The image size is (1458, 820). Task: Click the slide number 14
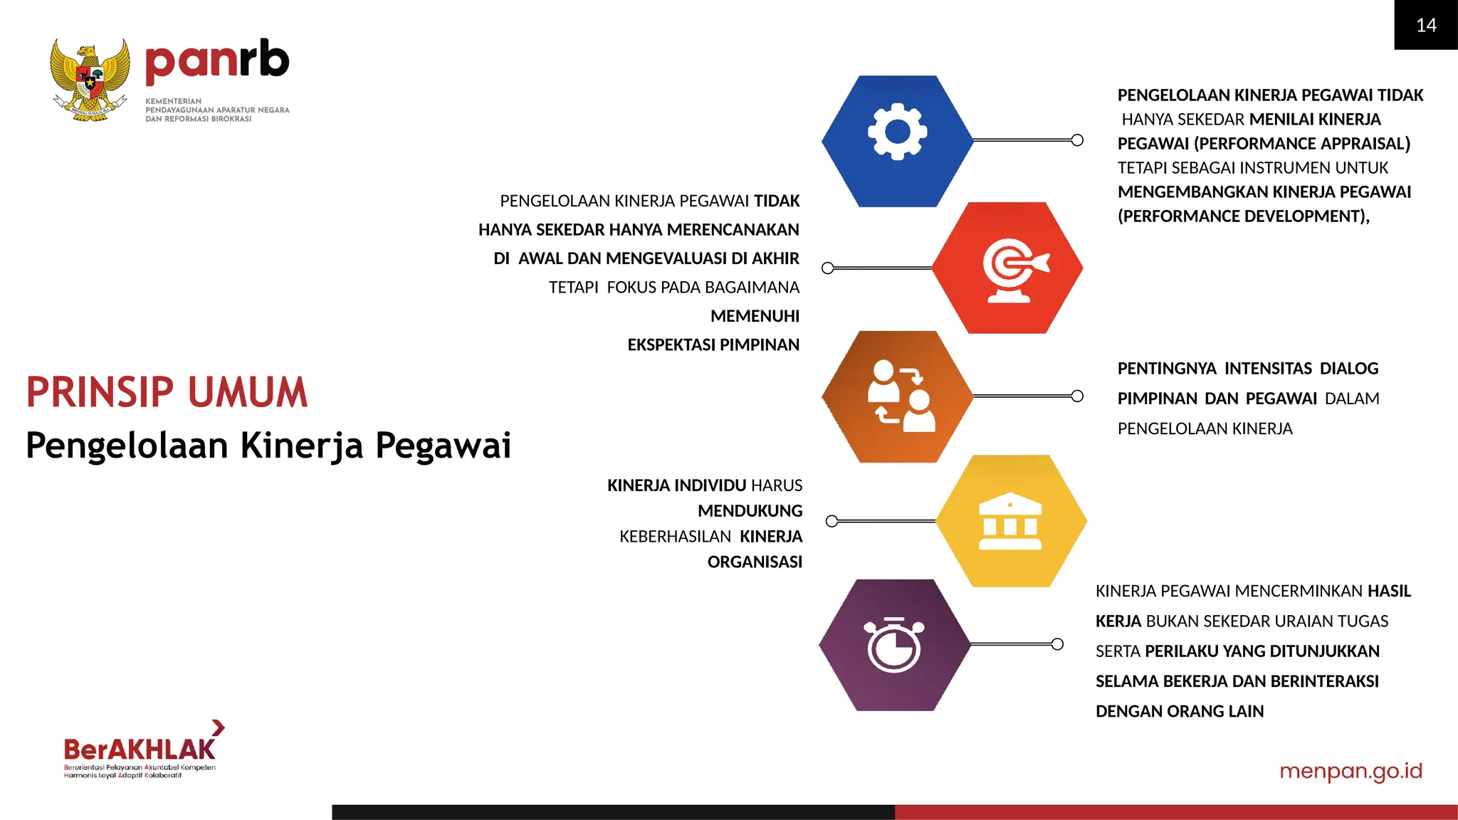1426,26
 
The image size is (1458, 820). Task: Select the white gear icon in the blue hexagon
897,132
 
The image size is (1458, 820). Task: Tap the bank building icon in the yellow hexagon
1009,521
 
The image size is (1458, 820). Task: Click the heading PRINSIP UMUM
167,392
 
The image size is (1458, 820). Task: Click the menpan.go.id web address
1351,771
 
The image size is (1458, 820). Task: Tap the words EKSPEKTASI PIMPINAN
713,345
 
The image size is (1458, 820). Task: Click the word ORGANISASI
755,562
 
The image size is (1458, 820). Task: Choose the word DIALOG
1348,369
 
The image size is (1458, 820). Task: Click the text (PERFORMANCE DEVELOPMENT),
1243,216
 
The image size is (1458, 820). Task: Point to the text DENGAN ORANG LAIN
1180,711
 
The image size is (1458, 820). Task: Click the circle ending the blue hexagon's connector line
1077,140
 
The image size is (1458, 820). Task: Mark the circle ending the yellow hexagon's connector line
832,521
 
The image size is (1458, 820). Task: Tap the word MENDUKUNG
750,511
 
